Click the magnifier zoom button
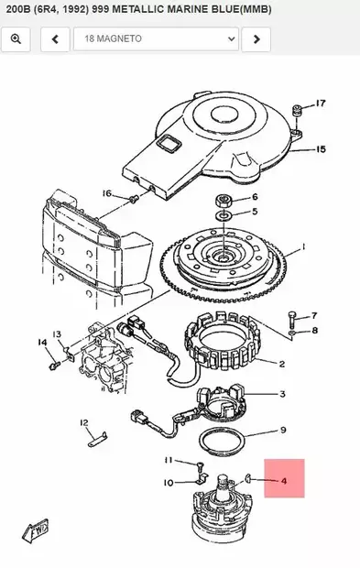[x=18, y=38]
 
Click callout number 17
[x=321, y=104]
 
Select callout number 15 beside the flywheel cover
[x=321, y=148]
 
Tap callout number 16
[x=106, y=193]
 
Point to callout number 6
[x=255, y=197]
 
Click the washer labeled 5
[x=224, y=215]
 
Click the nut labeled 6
[x=224, y=198]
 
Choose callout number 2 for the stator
[x=282, y=364]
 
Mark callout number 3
[x=282, y=395]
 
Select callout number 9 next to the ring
[x=283, y=430]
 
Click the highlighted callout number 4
[x=283, y=479]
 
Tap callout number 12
[x=83, y=422]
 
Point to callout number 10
[x=169, y=482]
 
